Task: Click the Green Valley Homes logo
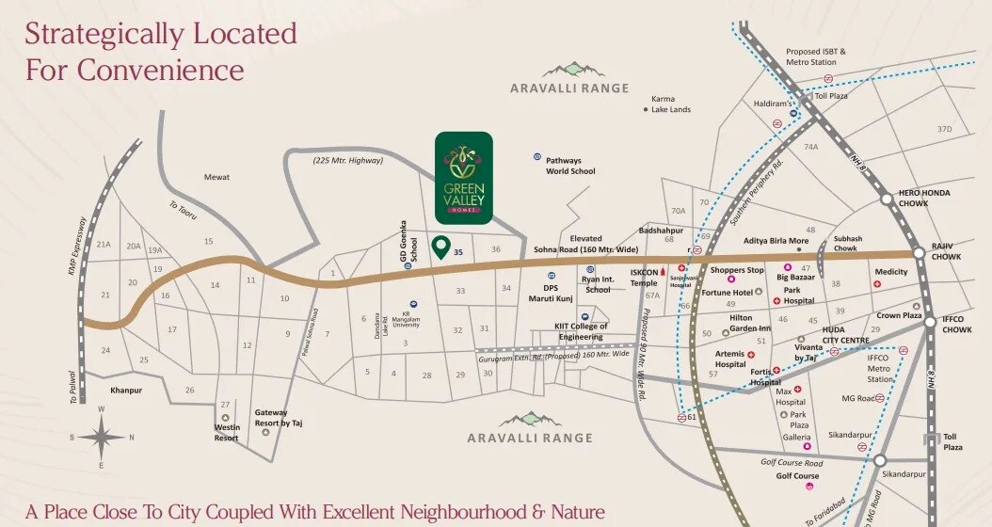point(463,177)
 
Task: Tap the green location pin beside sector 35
point(440,248)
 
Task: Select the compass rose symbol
point(101,437)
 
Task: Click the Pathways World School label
point(570,167)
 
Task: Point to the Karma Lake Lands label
point(672,104)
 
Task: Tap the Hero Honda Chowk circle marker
point(887,200)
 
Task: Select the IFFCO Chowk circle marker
point(930,321)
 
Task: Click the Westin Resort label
point(226,432)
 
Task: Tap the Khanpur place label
point(125,389)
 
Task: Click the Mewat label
point(216,177)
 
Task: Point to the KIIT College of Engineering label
point(581,331)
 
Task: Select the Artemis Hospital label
point(729,359)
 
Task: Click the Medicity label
point(891,272)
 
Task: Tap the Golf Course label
point(796,476)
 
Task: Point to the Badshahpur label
point(659,229)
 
